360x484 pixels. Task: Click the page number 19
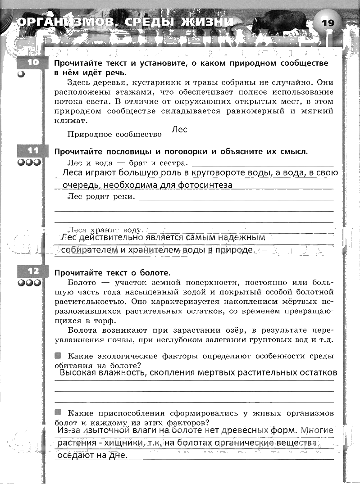pyautogui.click(x=328, y=23)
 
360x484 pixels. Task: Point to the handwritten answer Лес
pyautogui.click(x=179, y=130)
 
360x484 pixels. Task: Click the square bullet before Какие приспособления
pyautogui.click(x=58, y=412)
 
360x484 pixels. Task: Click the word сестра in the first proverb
pyautogui.click(x=173, y=163)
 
